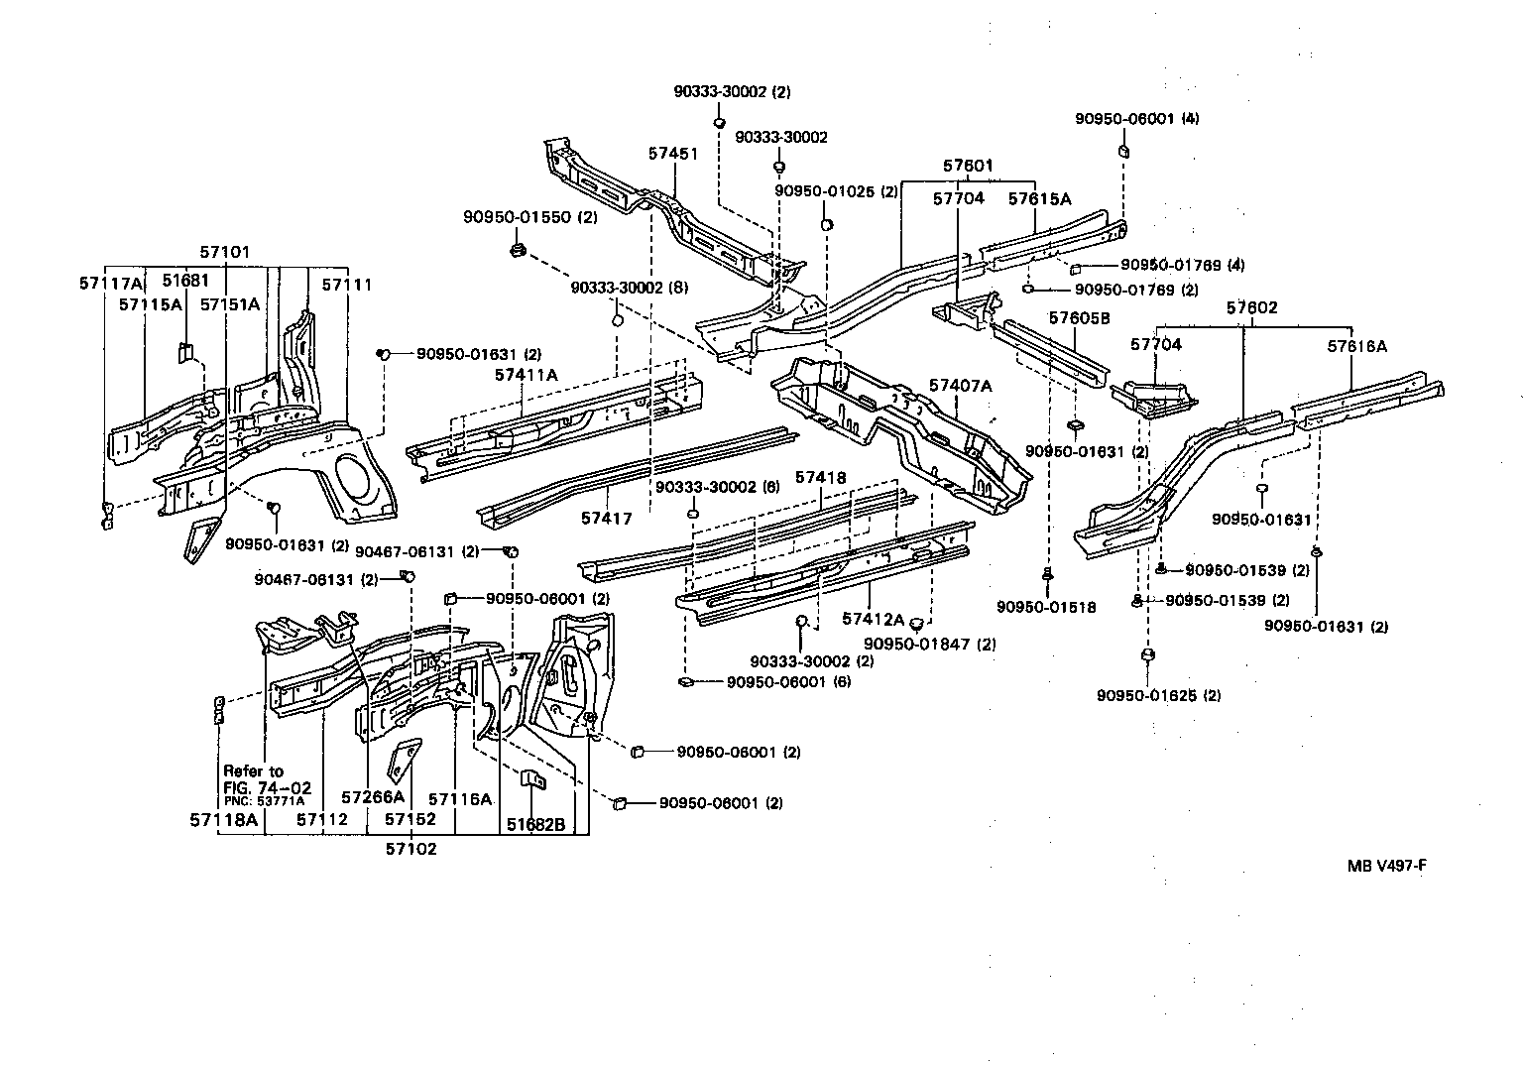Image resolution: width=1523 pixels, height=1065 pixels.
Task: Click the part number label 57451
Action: coord(673,154)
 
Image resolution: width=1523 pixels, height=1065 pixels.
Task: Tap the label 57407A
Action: coord(960,385)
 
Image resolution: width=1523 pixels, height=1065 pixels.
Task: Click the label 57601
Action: coord(967,166)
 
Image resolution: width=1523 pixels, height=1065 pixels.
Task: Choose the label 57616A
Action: coord(1356,346)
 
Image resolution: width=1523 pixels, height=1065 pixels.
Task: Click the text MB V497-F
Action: coord(1386,864)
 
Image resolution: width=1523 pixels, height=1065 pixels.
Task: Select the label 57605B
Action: coord(1079,318)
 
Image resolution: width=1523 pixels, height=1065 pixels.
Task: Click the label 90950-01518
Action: coord(1046,607)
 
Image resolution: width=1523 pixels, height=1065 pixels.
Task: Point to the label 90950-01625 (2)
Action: coord(1158,695)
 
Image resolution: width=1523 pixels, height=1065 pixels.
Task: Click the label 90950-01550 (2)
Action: coord(529,216)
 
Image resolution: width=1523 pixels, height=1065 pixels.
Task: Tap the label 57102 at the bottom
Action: coord(410,849)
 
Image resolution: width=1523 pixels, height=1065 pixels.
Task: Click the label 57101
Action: coord(224,253)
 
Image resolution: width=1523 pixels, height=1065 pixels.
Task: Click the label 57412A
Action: coord(873,619)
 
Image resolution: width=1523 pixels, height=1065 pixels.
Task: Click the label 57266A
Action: coord(372,796)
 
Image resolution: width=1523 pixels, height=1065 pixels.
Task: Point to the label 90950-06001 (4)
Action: coord(1136,118)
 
